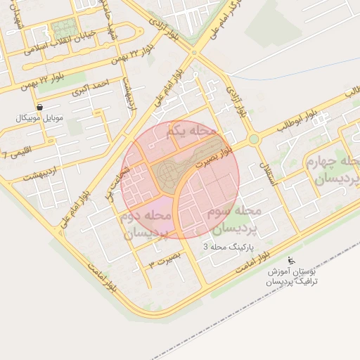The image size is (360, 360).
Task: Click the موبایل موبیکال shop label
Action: click(x=39, y=117)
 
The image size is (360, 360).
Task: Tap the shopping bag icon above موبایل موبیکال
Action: click(x=39, y=108)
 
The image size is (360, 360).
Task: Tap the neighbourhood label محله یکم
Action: click(x=191, y=131)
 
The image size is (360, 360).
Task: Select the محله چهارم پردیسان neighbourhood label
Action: click(x=333, y=171)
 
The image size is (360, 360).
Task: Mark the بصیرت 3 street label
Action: click(x=165, y=263)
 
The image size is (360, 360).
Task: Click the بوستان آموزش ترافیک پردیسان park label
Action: click(x=295, y=276)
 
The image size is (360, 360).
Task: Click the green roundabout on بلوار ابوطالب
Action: click(x=253, y=139)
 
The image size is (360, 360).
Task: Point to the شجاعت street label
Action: click(x=115, y=180)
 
